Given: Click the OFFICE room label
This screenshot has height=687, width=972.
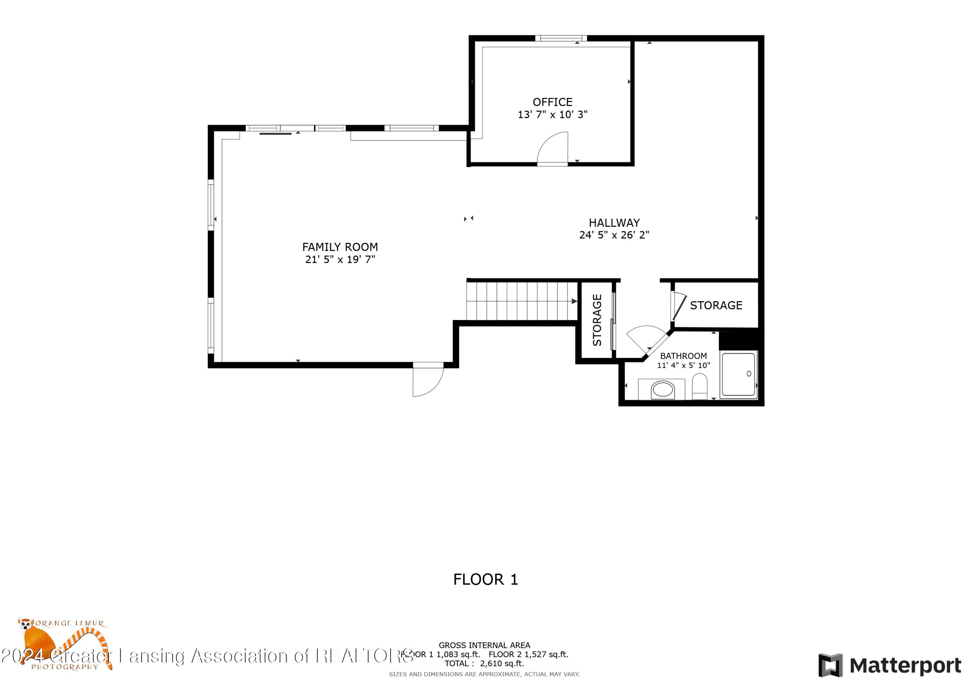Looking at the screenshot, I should [552, 102].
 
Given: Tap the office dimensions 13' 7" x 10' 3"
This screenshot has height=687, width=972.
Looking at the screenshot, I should [552, 114].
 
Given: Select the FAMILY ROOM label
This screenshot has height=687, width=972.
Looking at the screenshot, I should [340, 247].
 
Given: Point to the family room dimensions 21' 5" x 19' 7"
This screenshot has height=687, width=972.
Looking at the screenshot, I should [340, 259].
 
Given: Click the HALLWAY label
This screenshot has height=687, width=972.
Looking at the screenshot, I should [614, 223].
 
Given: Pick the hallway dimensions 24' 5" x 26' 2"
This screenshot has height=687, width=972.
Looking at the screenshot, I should [614, 235].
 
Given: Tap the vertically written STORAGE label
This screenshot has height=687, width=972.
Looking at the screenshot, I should [597, 320].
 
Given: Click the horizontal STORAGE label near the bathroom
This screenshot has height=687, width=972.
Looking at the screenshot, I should [716, 305].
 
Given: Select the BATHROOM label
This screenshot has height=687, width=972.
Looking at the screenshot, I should [683, 356].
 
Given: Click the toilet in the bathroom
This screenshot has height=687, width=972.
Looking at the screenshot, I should [700, 386].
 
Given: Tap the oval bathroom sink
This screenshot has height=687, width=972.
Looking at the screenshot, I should [662, 389].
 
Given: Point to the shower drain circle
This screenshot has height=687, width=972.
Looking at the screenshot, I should [749, 373].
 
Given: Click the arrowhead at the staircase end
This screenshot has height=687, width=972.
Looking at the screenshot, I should [574, 301].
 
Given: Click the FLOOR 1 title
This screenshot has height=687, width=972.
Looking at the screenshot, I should [486, 579].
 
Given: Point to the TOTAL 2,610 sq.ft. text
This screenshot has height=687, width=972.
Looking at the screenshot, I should [484, 663].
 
